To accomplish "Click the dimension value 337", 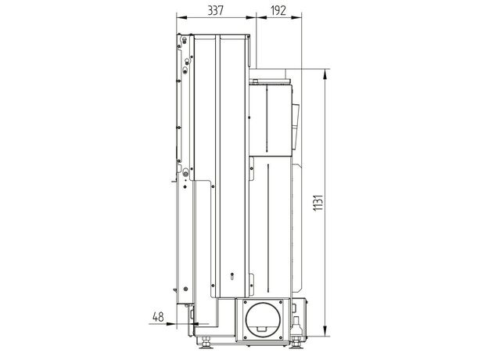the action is click(x=215, y=11).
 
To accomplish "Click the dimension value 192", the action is click(x=278, y=11).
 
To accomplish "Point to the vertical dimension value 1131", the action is click(x=318, y=203).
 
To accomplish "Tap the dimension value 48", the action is click(x=158, y=317).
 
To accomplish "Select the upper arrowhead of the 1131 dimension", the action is click(x=325, y=74).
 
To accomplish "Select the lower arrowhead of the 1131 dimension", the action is click(x=325, y=331).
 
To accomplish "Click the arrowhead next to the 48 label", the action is click(x=171, y=324).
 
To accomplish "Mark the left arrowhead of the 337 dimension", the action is click(x=181, y=18).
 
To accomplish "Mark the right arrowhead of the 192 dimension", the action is click(x=296, y=18).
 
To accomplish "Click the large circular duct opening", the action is click(x=263, y=320).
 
